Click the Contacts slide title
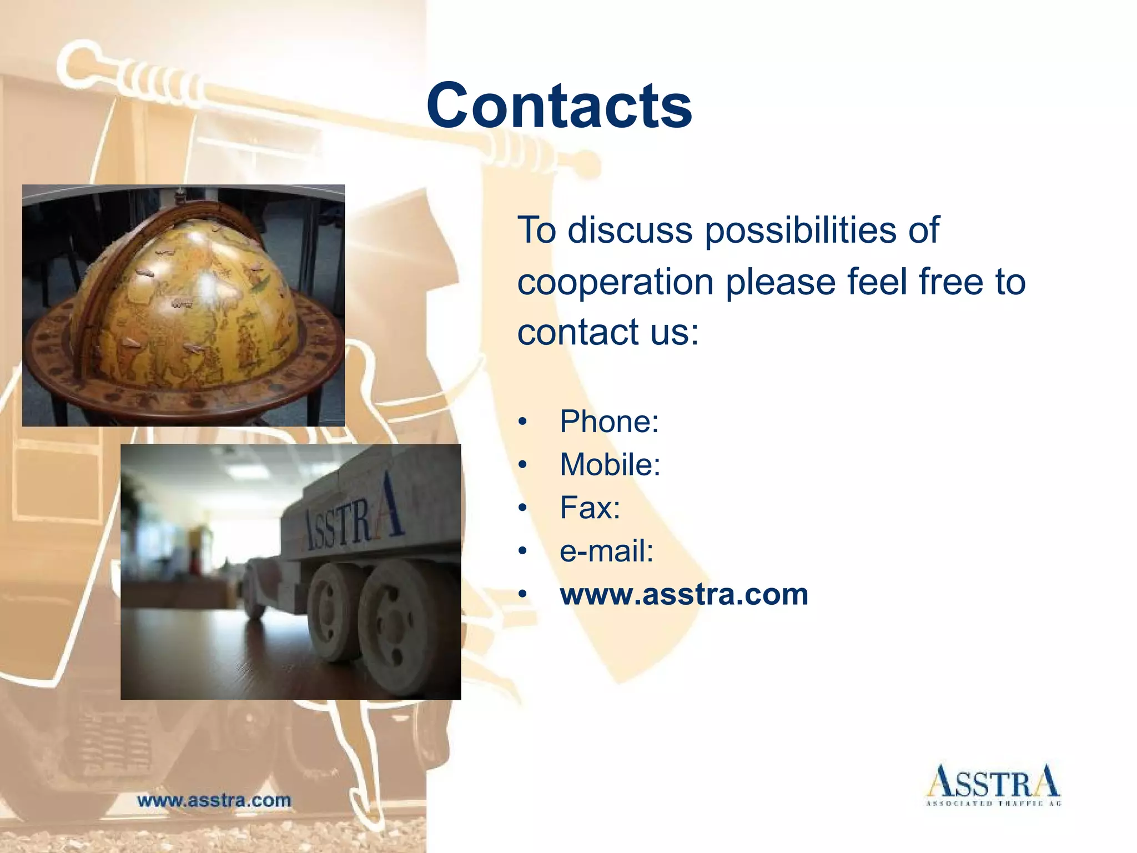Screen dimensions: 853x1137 pyautogui.click(x=559, y=106)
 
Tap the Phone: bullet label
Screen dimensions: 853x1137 pyautogui.click(x=608, y=422)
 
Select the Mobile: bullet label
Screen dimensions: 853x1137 pyautogui.click(x=610, y=464)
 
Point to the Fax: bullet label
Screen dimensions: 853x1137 pyautogui.click(x=590, y=508)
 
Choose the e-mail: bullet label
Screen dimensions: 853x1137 pyautogui.click(x=606, y=551)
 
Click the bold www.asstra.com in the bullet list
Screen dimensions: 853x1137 pyautogui.click(x=683, y=594)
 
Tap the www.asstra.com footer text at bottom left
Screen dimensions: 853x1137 pyautogui.click(x=214, y=800)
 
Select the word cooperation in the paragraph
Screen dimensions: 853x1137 pyautogui.click(x=615, y=282)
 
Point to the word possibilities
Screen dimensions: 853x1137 pyautogui.click(x=799, y=230)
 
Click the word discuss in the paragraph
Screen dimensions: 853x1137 pyautogui.click(x=630, y=230)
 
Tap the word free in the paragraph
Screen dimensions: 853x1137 pyautogui.click(x=951, y=282)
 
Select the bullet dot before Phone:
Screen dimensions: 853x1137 pyautogui.click(x=522, y=422)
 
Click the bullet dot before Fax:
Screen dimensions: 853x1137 pyautogui.click(x=522, y=508)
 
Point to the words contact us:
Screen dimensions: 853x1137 pyautogui.click(x=608, y=332)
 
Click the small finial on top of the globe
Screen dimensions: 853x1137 pyautogui.click(x=179, y=195)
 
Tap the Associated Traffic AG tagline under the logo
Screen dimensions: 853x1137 pyautogui.click(x=993, y=804)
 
